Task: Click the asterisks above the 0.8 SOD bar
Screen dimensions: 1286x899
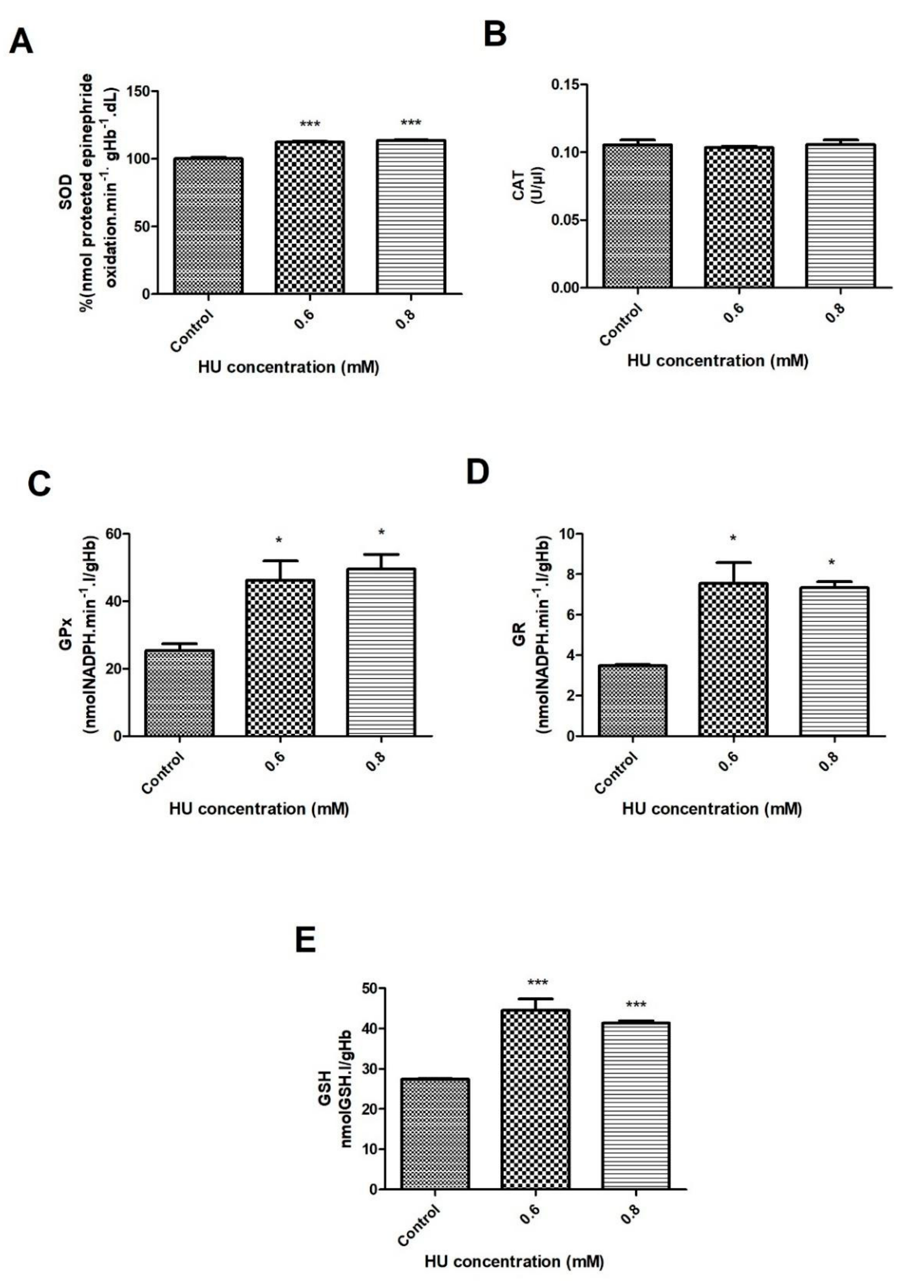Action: [410, 123]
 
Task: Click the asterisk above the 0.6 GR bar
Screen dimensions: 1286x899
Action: [733, 539]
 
